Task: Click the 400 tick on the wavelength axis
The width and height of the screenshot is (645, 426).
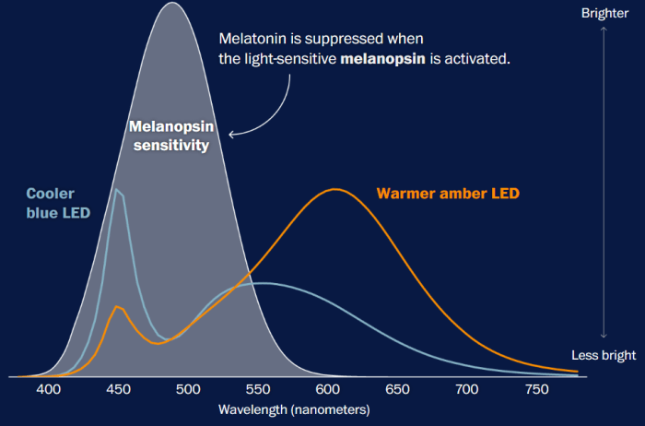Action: pos(48,390)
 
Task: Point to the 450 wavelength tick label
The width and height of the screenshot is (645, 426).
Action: pos(118,390)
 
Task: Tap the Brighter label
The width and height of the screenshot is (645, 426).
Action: pos(604,13)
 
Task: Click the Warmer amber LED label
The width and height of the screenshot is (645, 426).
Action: pos(448,194)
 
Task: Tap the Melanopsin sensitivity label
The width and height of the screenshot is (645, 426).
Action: pos(169,136)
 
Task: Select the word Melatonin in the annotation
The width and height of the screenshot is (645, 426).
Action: pos(252,40)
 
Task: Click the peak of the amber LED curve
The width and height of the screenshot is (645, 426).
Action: pos(335,189)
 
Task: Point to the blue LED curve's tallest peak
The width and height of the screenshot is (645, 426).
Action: pos(117,189)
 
